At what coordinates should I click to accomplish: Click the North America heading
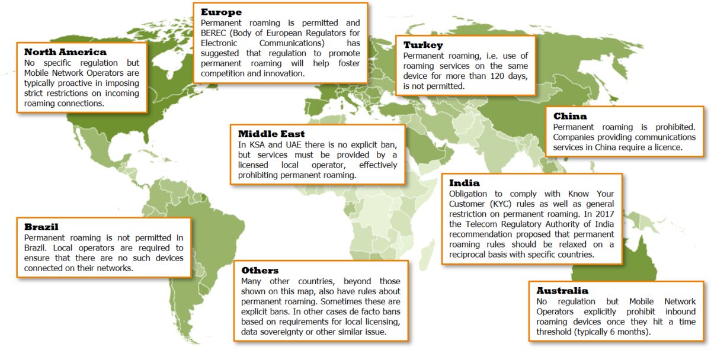(x=65, y=52)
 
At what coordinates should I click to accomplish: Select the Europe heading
(x=221, y=12)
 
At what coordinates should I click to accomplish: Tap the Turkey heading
(x=423, y=45)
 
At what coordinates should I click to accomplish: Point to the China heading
(x=570, y=116)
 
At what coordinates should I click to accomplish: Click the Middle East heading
(x=271, y=134)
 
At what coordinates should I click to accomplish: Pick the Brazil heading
(x=41, y=227)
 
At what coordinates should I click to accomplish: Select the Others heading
(x=260, y=271)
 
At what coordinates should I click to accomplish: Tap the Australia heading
(x=562, y=291)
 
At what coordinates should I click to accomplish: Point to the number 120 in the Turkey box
(x=507, y=76)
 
